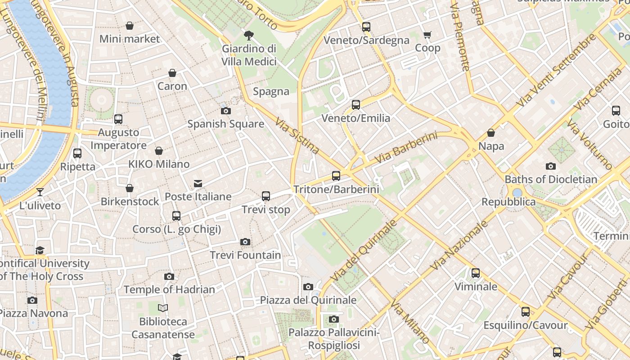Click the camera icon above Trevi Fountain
coord(245,242)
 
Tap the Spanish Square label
coord(225,124)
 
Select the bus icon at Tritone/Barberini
coord(336,176)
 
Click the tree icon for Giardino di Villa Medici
coord(248,35)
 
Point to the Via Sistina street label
coord(297,135)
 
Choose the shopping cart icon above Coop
coord(427,35)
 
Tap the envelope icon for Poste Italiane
coord(198,183)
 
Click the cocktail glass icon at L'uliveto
coord(40,192)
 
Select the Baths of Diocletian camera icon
coord(550,166)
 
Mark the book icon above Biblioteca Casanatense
coord(163,308)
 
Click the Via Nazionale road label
coord(459,246)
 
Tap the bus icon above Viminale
coord(476,273)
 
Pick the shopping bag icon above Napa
coord(491,133)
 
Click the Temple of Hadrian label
coord(169,289)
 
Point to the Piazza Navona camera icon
coord(32,300)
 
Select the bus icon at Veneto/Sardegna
coord(366,27)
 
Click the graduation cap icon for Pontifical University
coord(40,250)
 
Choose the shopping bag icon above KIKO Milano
coord(159,151)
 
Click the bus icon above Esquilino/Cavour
coord(525,312)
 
